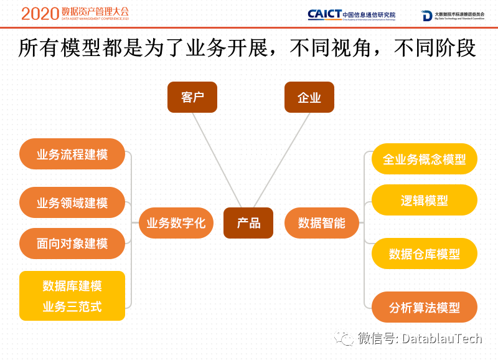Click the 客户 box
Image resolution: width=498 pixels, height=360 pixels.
point(192,97)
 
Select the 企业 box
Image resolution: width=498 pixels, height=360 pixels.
point(309,97)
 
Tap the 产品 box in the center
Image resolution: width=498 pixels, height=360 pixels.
point(248,223)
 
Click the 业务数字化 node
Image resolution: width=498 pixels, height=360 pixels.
point(176,223)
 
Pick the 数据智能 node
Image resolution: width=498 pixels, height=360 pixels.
point(321,223)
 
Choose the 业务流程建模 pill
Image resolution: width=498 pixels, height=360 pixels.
point(72,154)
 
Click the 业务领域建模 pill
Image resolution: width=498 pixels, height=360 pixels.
point(72,202)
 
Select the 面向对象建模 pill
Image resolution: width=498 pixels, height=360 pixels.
point(72,244)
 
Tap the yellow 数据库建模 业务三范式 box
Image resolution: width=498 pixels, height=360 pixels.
point(72,296)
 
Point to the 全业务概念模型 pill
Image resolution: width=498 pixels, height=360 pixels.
point(424,159)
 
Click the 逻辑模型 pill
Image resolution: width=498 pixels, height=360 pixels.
point(424,200)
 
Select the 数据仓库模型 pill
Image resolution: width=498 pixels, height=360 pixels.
point(424,253)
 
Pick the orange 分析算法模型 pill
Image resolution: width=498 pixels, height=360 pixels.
point(424,307)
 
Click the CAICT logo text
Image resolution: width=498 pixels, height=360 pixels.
point(324,14)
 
